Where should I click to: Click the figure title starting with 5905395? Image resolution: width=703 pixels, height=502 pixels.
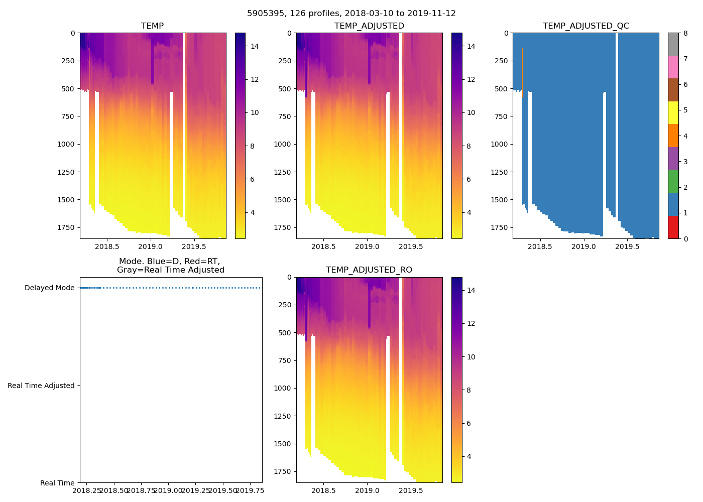click(x=351, y=14)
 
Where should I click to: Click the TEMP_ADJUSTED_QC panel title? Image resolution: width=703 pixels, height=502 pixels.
click(x=585, y=26)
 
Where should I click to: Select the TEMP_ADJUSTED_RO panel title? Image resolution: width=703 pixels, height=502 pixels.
click(x=369, y=270)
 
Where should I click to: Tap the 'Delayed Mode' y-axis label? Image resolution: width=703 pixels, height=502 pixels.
click(x=49, y=288)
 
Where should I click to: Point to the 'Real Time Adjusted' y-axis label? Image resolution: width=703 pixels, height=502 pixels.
click(x=41, y=386)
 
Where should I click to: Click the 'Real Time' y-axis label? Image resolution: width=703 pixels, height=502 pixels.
click(x=57, y=483)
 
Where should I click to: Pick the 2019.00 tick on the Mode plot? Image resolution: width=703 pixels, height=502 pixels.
click(x=168, y=490)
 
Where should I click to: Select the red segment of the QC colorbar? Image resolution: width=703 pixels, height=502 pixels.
click(x=673, y=227)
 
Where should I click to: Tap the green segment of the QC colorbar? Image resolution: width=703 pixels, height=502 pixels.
click(x=673, y=181)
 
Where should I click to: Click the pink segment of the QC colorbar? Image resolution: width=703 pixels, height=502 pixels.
click(x=673, y=67)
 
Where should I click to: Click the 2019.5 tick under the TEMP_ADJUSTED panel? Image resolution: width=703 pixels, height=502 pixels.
click(x=411, y=246)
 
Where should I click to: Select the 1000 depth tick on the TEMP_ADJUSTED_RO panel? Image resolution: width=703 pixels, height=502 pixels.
click(x=283, y=388)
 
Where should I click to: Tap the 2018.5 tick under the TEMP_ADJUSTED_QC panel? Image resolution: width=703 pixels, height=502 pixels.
click(x=540, y=246)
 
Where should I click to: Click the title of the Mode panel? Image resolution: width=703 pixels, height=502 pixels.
click(x=170, y=266)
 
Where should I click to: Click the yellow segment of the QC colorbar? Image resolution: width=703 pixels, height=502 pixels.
click(x=673, y=112)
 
